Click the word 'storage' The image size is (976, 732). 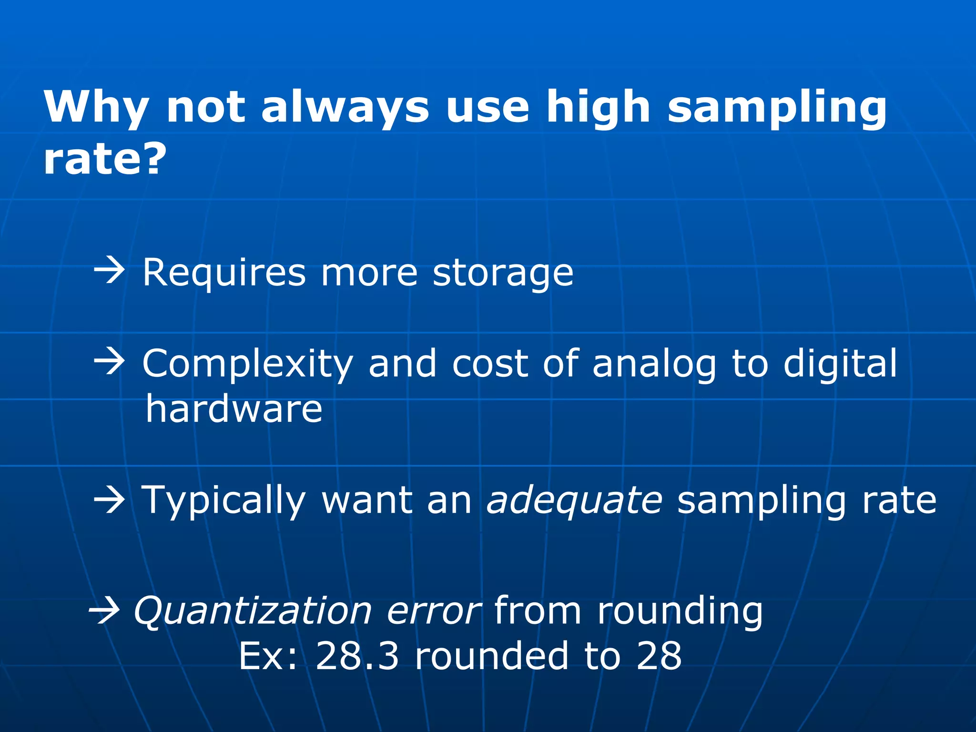click(503, 274)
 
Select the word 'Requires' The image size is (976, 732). click(224, 274)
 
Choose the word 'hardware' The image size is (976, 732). click(234, 409)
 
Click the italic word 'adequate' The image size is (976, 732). click(574, 501)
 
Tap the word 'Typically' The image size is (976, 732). click(224, 501)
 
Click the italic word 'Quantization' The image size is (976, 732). click(253, 612)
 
